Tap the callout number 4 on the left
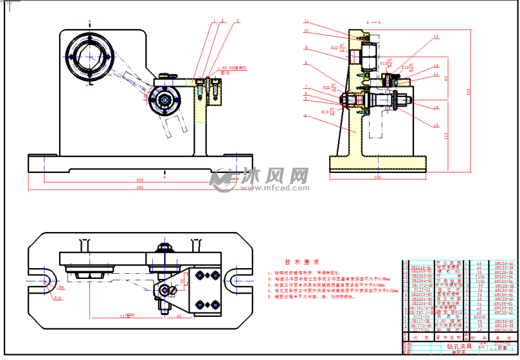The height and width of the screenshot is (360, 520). click(305, 115)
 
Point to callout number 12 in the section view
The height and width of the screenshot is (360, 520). click(436, 37)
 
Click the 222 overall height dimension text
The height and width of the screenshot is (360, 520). click(486, 91)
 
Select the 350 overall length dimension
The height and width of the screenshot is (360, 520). click(139, 188)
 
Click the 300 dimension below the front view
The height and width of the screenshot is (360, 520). click(139, 180)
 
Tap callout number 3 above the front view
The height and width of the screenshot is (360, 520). click(237, 21)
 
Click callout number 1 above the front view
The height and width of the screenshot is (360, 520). click(214, 21)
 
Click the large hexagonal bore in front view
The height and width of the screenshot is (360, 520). click(89, 55)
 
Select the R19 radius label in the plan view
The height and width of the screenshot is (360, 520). click(58, 297)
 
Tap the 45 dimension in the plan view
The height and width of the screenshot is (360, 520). click(179, 315)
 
